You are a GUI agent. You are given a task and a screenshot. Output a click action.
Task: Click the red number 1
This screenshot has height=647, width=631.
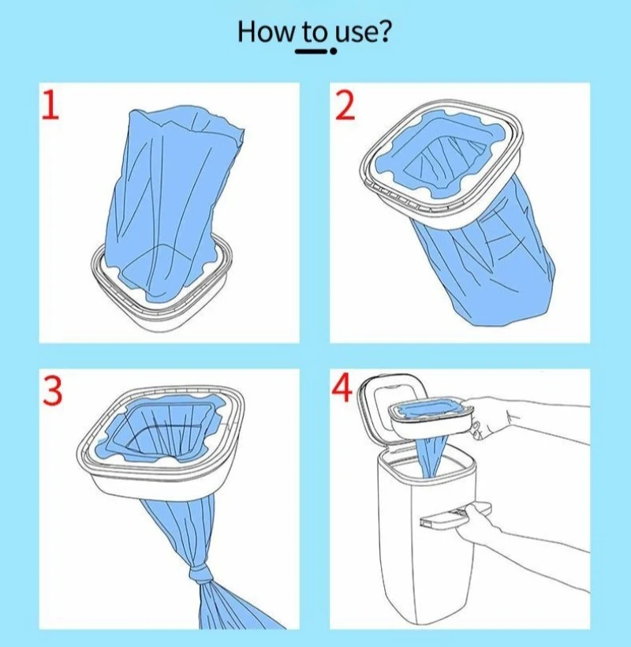tap(50, 105)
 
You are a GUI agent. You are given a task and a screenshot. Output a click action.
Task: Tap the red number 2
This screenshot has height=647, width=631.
tap(345, 106)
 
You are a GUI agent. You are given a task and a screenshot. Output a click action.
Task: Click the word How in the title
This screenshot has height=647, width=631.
tap(265, 32)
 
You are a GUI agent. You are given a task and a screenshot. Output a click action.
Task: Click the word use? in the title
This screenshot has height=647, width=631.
tap(362, 32)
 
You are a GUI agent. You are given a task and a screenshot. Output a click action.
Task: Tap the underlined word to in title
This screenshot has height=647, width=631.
tap(315, 33)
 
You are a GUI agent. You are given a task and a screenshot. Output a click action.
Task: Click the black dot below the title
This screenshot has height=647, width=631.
tap(333, 51)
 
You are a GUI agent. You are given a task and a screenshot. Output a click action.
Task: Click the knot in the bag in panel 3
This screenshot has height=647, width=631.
tap(202, 574)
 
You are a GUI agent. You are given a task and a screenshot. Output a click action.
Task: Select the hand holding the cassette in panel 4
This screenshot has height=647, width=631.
tap(487, 417)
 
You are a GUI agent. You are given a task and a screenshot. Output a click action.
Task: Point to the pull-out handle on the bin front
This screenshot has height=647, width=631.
tap(454, 516)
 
